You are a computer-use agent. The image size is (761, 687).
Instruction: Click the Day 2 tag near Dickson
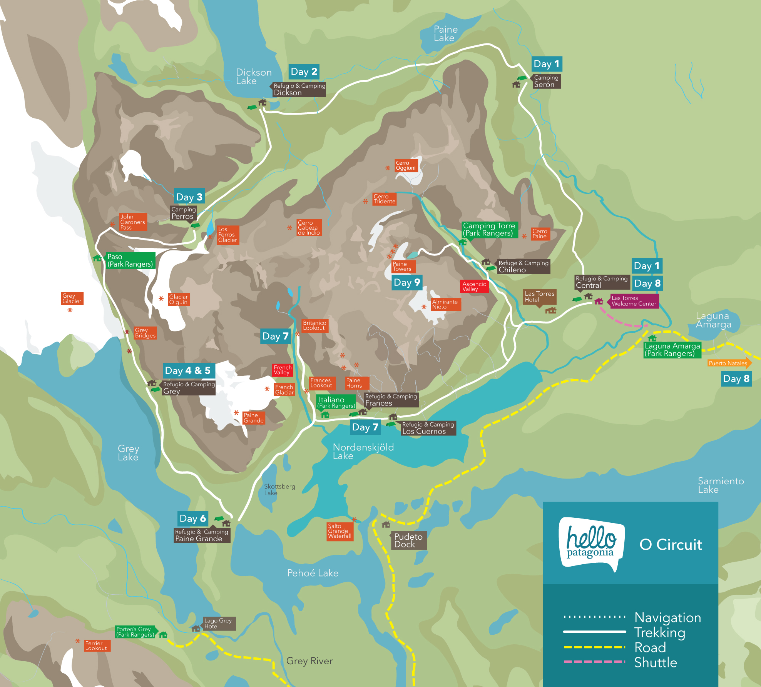pyautogui.click(x=304, y=72)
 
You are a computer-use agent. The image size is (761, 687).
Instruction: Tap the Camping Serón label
pyautogui.click(x=546, y=81)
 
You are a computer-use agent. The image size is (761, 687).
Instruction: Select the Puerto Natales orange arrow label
pyautogui.click(x=729, y=363)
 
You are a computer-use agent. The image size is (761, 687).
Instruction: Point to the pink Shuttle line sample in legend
pyautogui.click(x=594, y=662)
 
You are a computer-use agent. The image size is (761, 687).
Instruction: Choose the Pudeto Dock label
pyautogui.click(x=408, y=540)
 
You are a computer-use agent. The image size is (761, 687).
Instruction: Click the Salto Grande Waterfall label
pyautogui.click(x=340, y=531)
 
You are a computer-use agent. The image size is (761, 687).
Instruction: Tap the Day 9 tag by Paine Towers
pyautogui.click(x=407, y=283)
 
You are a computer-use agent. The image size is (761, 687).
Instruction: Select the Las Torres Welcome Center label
pyautogui.click(x=634, y=301)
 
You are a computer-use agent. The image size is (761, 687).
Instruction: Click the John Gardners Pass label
pyautogui.click(x=133, y=222)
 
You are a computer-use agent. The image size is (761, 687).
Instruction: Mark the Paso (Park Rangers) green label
pyautogui.click(x=130, y=260)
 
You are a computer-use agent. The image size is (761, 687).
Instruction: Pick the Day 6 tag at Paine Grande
pyautogui.click(x=193, y=519)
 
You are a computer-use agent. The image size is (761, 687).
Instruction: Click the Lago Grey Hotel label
pyautogui.click(x=218, y=624)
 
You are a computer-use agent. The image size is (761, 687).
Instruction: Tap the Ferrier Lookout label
pyautogui.click(x=96, y=646)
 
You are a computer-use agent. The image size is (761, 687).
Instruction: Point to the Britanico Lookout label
pyautogui.click(x=314, y=325)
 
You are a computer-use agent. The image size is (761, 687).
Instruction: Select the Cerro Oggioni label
pyautogui.click(x=406, y=165)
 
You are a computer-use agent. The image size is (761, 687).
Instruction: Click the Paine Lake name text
pyautogui.click(x=445, y=34)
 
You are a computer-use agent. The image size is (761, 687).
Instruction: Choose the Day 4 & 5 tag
pyautogui.click(x=188, y=370)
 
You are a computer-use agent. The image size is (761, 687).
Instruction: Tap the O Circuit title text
pyautogui.click(x=671, y=545)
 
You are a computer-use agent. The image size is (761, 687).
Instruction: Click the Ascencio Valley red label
pyautogui.click(x=474, y=287)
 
